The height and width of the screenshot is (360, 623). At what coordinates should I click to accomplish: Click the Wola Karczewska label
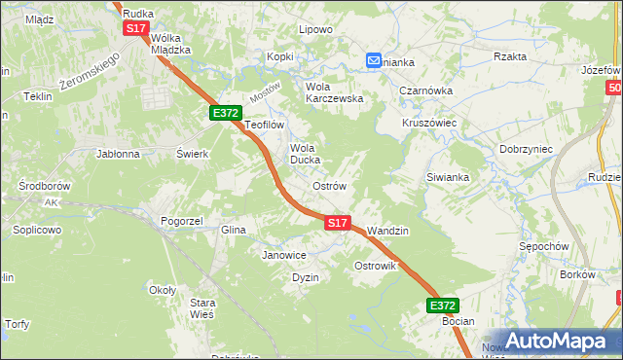[334, 91]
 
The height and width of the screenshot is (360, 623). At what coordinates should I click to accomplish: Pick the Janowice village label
[284, 255]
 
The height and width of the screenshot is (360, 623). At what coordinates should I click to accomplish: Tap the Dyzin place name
[306, 277]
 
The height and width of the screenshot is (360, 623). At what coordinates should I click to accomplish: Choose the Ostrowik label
[375, 266]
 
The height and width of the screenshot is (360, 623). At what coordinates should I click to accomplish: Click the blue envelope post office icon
[375, 60]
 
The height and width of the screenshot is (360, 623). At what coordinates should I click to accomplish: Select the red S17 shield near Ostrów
[336, 223]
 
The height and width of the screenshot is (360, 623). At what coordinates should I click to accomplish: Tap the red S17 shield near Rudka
[135, 29]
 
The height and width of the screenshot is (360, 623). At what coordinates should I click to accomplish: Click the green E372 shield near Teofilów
[226, 113]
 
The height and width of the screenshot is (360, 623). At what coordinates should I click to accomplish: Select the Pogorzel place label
[181, 221]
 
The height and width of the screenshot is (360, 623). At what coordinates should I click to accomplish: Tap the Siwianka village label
[448, 178]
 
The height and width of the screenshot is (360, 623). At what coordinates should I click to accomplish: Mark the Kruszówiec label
[429, 124]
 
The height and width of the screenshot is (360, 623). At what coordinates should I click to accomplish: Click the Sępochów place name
[543, 247]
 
